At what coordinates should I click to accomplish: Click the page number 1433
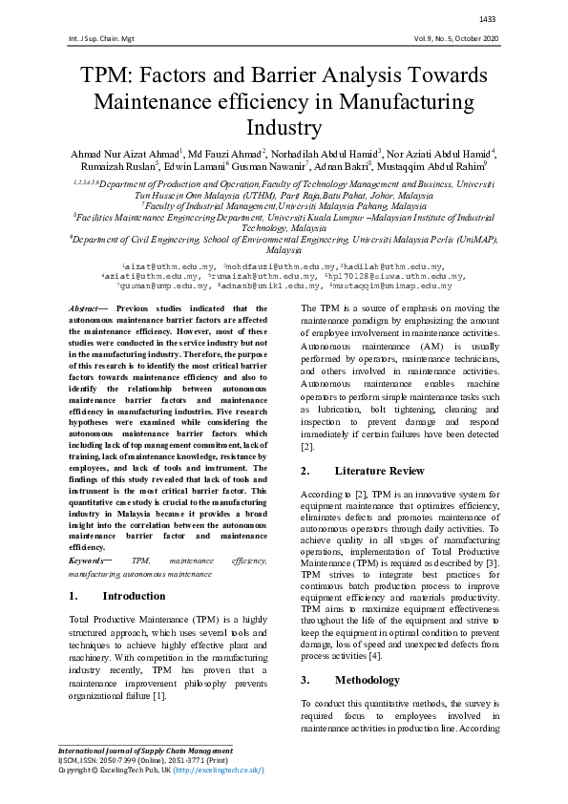pyautogui.click(x=487, y=19)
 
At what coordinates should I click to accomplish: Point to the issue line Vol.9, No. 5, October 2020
pyautogui.click(x=444, y=39)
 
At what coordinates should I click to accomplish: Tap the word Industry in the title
pyautogui.click(x=284, y=127)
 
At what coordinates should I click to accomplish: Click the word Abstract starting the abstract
pyautogui.click(x=89, y=309)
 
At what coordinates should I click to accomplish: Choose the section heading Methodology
pyautogui.click(x=367, y=680)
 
